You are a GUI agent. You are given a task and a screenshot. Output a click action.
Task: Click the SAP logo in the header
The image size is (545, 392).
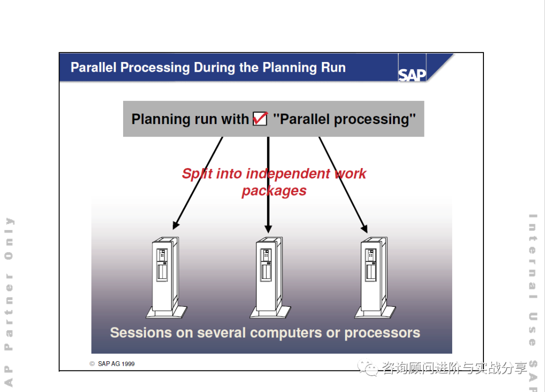412,75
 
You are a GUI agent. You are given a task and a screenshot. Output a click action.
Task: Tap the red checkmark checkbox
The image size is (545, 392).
260,119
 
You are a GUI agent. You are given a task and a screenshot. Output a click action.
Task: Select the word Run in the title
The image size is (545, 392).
333,68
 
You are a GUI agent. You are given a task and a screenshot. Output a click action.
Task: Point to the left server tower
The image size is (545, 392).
165,275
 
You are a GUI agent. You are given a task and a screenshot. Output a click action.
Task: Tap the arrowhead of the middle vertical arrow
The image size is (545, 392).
268,228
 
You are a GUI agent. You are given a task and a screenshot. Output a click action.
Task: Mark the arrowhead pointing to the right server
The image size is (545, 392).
364,228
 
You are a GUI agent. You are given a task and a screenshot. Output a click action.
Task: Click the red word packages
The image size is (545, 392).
274,191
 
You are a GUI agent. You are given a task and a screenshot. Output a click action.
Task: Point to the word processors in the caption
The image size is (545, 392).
382,333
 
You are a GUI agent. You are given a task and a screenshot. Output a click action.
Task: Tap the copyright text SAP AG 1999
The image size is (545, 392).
116,364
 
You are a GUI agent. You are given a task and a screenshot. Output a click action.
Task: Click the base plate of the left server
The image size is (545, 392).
167,313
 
